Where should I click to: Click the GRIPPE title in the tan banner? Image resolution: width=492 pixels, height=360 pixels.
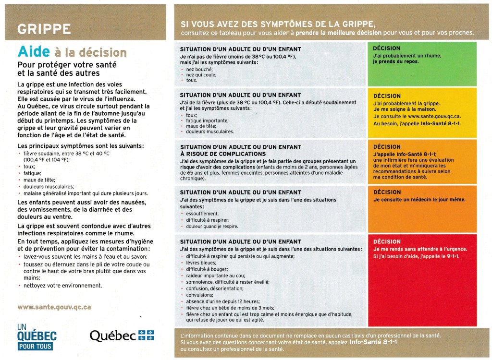tap(44, 29)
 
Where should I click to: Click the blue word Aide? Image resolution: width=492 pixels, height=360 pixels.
tap(32, 52)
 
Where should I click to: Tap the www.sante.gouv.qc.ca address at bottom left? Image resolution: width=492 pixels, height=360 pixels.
tap(54, 307)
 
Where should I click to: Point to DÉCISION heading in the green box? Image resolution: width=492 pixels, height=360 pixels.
tap(386, 48)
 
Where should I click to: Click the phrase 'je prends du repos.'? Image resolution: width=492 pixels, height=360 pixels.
tap(395, 62)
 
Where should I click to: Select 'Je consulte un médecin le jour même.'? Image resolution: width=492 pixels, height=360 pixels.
tap(418, 200)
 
